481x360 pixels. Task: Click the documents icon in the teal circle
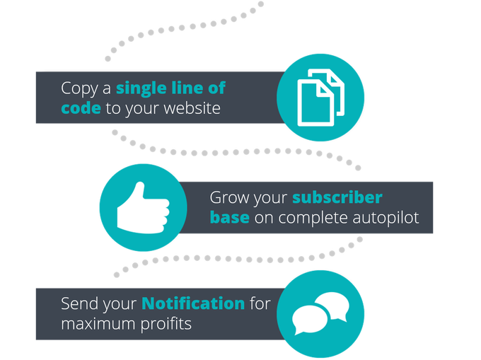[x=320, y=98]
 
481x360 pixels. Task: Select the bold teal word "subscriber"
[x=337, y=197]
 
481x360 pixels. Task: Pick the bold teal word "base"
[x=229, y=217]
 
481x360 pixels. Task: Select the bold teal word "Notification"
[x=192, y=303]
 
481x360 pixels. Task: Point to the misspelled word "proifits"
[x=169, y=324]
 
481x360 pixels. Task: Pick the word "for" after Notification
[x=260, y=303]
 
